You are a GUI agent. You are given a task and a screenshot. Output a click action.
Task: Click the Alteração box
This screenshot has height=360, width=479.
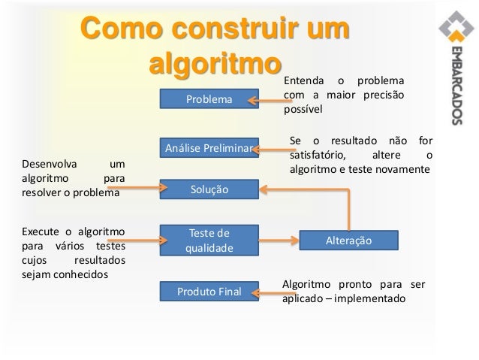348,240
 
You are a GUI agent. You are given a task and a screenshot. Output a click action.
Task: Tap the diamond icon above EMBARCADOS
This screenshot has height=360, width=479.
455,35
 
